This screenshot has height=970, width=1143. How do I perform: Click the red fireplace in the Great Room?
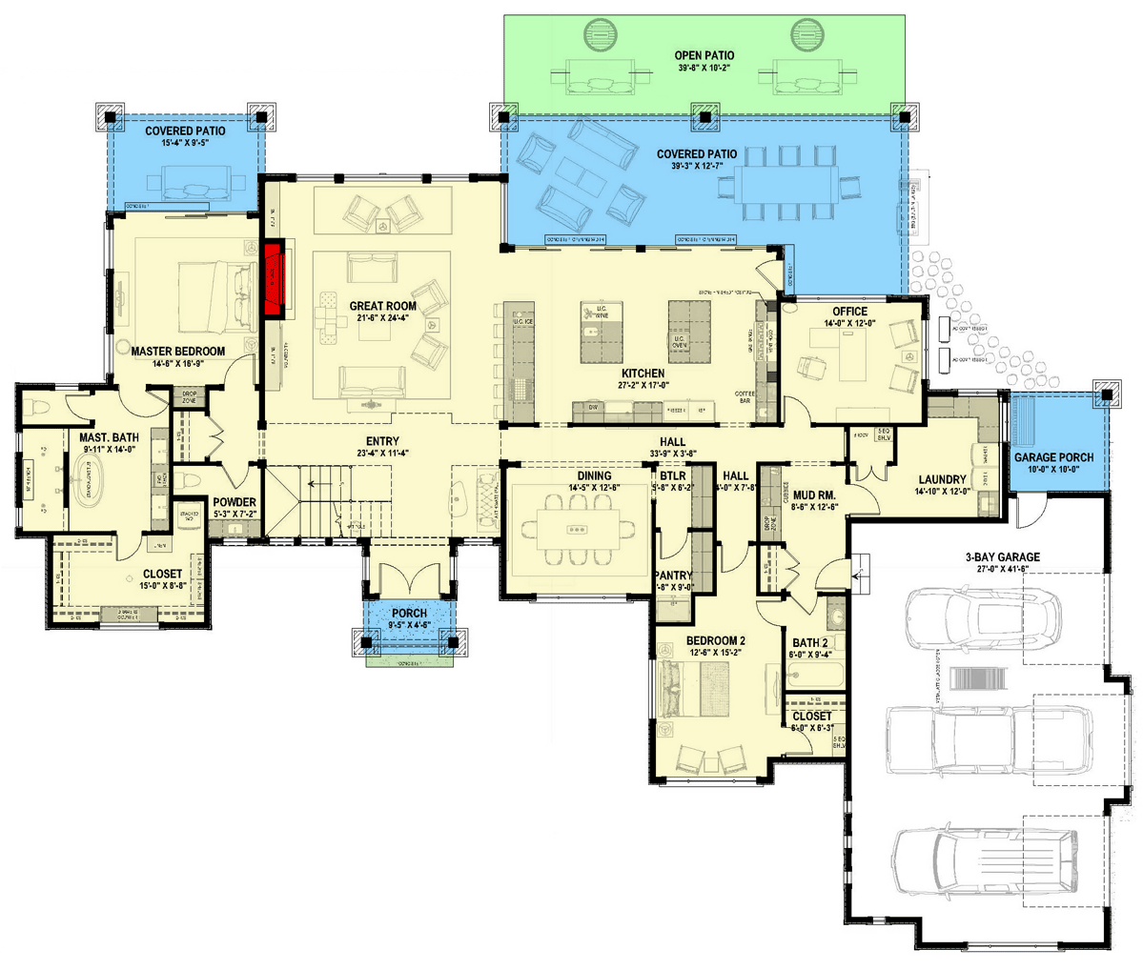point(275,278)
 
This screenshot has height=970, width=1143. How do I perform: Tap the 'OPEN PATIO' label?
point(704,56)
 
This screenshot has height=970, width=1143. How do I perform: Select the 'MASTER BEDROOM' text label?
point(178,352)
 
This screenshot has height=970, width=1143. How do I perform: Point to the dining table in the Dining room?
point(577,529)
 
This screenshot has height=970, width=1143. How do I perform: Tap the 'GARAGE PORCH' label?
point(1053,457)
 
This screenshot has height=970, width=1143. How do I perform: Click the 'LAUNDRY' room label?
point(942,480)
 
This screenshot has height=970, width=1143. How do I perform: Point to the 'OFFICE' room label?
point(849,312)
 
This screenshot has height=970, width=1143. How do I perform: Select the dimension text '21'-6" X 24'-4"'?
point(382,319)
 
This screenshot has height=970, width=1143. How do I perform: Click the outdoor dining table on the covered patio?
point(793,183)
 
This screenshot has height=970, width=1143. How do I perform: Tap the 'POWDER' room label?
point(233,502)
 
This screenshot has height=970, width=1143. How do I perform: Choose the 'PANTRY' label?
point(674,576)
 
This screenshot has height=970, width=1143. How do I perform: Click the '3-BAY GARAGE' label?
point(1001,557)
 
